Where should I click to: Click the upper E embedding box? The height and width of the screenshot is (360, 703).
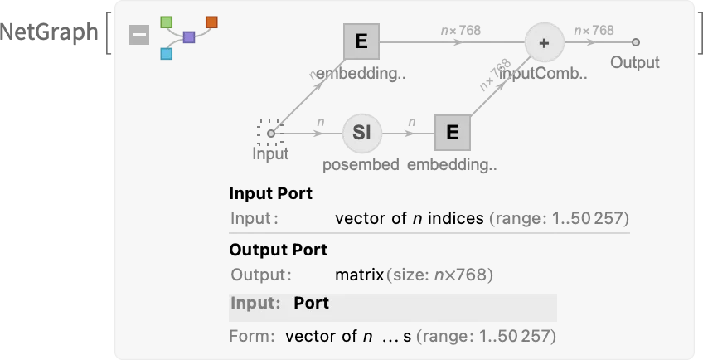[x=361, y=41]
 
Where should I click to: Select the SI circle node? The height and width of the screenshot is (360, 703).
[x=361, y=133]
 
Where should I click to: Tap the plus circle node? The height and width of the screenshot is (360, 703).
[x=544, y=43]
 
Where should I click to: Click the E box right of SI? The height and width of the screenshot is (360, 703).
[x=453, y=133]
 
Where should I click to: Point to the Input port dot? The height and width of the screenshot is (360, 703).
[x=270, y=133]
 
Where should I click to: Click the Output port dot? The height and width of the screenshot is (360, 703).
[x=635, y=42]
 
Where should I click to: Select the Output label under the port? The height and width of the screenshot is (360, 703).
[x=635, y=63]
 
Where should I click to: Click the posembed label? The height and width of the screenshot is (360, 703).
[x=361, y=164]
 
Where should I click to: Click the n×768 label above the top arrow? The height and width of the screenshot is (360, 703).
[x=460, y=31]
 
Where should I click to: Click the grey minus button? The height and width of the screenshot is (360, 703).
[x=139, y=35]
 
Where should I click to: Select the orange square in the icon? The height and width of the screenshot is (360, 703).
[x=211, y=22]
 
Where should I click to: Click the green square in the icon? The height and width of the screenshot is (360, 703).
[x=166, y=22]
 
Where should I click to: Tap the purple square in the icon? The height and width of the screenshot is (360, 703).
[x=189, y=37]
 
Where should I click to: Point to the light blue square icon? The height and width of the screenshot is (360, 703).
[x=166, y=54]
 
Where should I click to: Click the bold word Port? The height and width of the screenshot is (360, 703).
[x=311, y=304]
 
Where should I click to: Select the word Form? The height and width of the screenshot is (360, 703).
[x=252, y=337]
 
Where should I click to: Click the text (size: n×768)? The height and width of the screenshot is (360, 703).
[x=439, y=275]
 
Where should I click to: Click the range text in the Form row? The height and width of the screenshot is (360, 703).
[x=485, y=337]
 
